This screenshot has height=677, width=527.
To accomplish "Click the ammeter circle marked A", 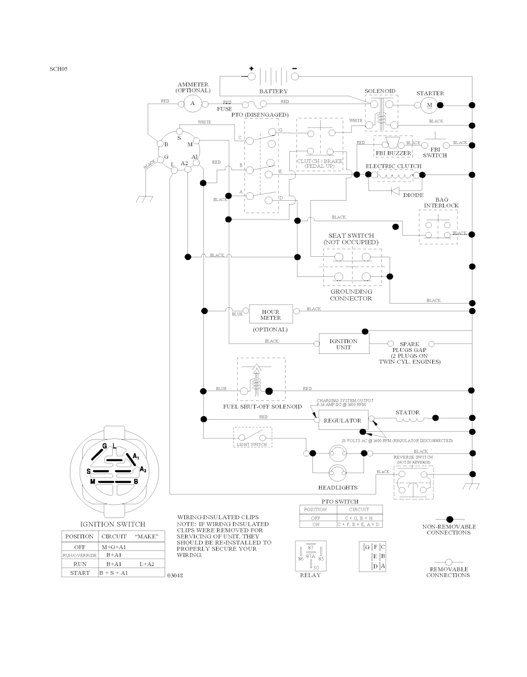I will pyautogui.click(x=193, y=103).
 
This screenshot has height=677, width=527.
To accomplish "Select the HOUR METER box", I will pyautogui.click(x=270, y=314).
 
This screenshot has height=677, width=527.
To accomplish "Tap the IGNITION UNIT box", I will pyautogui.click(x=343, y=344).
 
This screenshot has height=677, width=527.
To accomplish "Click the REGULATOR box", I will pyautogui.click(x=343, y=420).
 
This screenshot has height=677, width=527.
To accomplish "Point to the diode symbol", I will pyautogui.click(x=395, y=190).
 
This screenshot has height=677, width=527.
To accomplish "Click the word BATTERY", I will pyautogui.click(x=273, y=91).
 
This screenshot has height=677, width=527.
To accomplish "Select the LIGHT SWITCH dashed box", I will pyautogui.click(x=252, y=437).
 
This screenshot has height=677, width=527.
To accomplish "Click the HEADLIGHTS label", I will pyautogui.click(x=338, y=488).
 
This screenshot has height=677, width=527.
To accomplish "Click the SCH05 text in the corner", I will pyautogui.click(x=58, y=68).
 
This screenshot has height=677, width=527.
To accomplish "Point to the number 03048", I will pyautogui.click(x=175, y=575).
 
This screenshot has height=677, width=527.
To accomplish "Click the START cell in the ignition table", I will pyautogui.click(x=80, y=573).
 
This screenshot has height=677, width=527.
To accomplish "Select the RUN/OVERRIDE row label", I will pyautogui.click(x=80, y=556).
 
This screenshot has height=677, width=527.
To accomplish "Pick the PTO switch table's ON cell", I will pyautogui.click(x=315, y=524).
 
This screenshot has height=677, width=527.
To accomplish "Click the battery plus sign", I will pyautogui.click(x=251, y=68).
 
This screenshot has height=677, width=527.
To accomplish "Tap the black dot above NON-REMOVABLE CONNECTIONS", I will pyautogui.click(x=449, y=519).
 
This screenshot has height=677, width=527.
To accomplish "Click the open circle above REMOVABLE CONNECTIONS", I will pyautogui.click(x=448, y=562).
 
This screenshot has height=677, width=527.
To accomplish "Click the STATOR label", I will pyautogui.click(x=408, y=412).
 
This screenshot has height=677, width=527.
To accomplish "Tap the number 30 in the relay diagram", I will pyautogui.click(x=316, y=568).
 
